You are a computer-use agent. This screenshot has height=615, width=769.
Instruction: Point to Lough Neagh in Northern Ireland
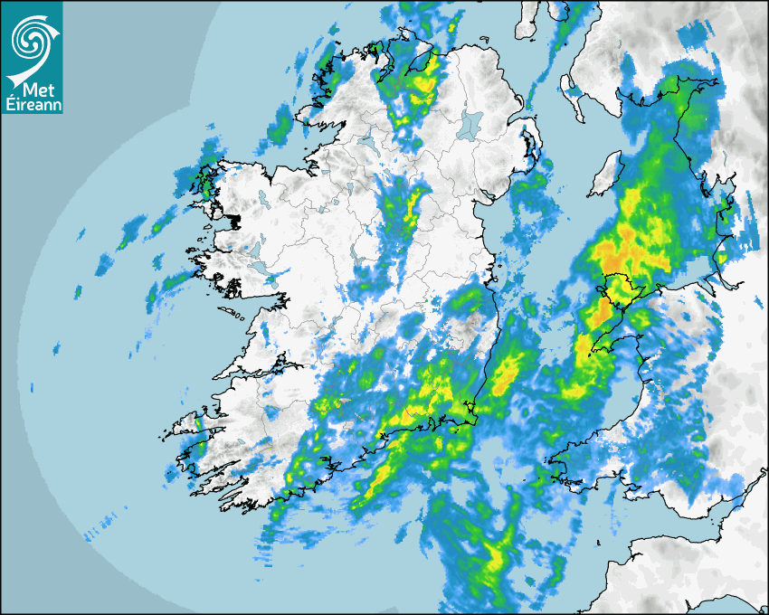coord(468,124)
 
